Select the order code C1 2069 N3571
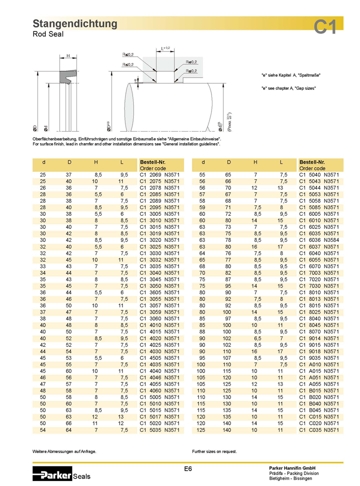[x=159, y=175]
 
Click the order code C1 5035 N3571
[x=159, y=429]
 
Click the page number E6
[x=188, y=469]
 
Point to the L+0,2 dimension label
[x=165, y=48]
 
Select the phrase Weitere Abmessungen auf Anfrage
[x=64, y=451]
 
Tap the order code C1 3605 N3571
[x=159, y=292]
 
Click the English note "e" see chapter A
[x=288, y=88]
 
